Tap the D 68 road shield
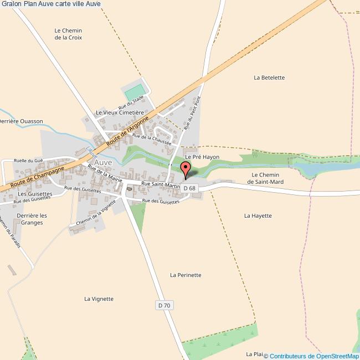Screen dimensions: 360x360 pos(189,188)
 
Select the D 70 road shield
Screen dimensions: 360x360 pos(164,305)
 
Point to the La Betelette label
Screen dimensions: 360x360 pos(269,78)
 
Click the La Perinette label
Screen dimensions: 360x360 pos(186,275)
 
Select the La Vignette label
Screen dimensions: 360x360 pos(99,299)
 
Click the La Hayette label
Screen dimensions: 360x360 pos(258,215)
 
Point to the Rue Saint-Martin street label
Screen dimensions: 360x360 pos(161,184)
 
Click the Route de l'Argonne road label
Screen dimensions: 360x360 pos(128,131)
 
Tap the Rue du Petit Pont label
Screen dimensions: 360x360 pos(192,112)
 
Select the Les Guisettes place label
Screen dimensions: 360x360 pos(34,194)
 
